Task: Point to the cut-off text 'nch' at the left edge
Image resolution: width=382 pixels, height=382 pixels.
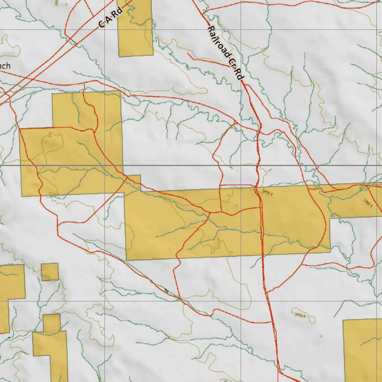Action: tap(5, 66)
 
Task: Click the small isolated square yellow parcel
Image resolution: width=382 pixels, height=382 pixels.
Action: tap(50, 272)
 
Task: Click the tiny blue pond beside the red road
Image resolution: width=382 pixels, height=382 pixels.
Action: tap(166, 290)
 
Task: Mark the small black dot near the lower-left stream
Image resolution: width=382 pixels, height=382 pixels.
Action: tap(9, 338)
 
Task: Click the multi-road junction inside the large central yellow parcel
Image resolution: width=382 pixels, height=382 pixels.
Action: tap(210, 213)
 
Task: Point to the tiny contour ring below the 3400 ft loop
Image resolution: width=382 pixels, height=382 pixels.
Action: tap(322, 336)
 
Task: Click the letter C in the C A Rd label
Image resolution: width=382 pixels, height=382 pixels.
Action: tap(102, 24)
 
